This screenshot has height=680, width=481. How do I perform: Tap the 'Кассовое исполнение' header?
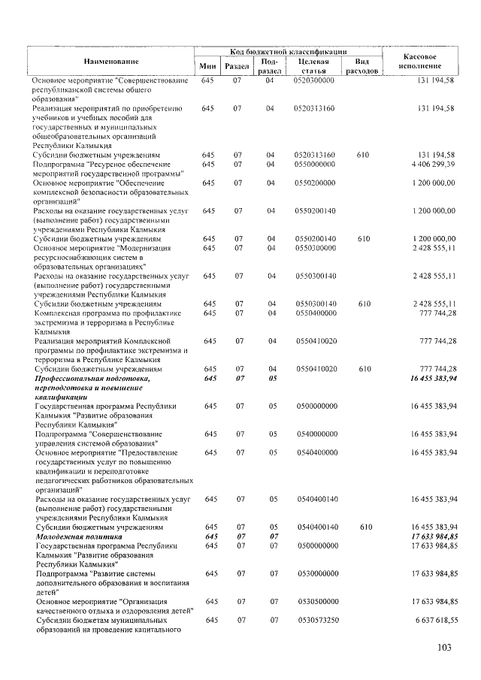coord(421,61)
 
